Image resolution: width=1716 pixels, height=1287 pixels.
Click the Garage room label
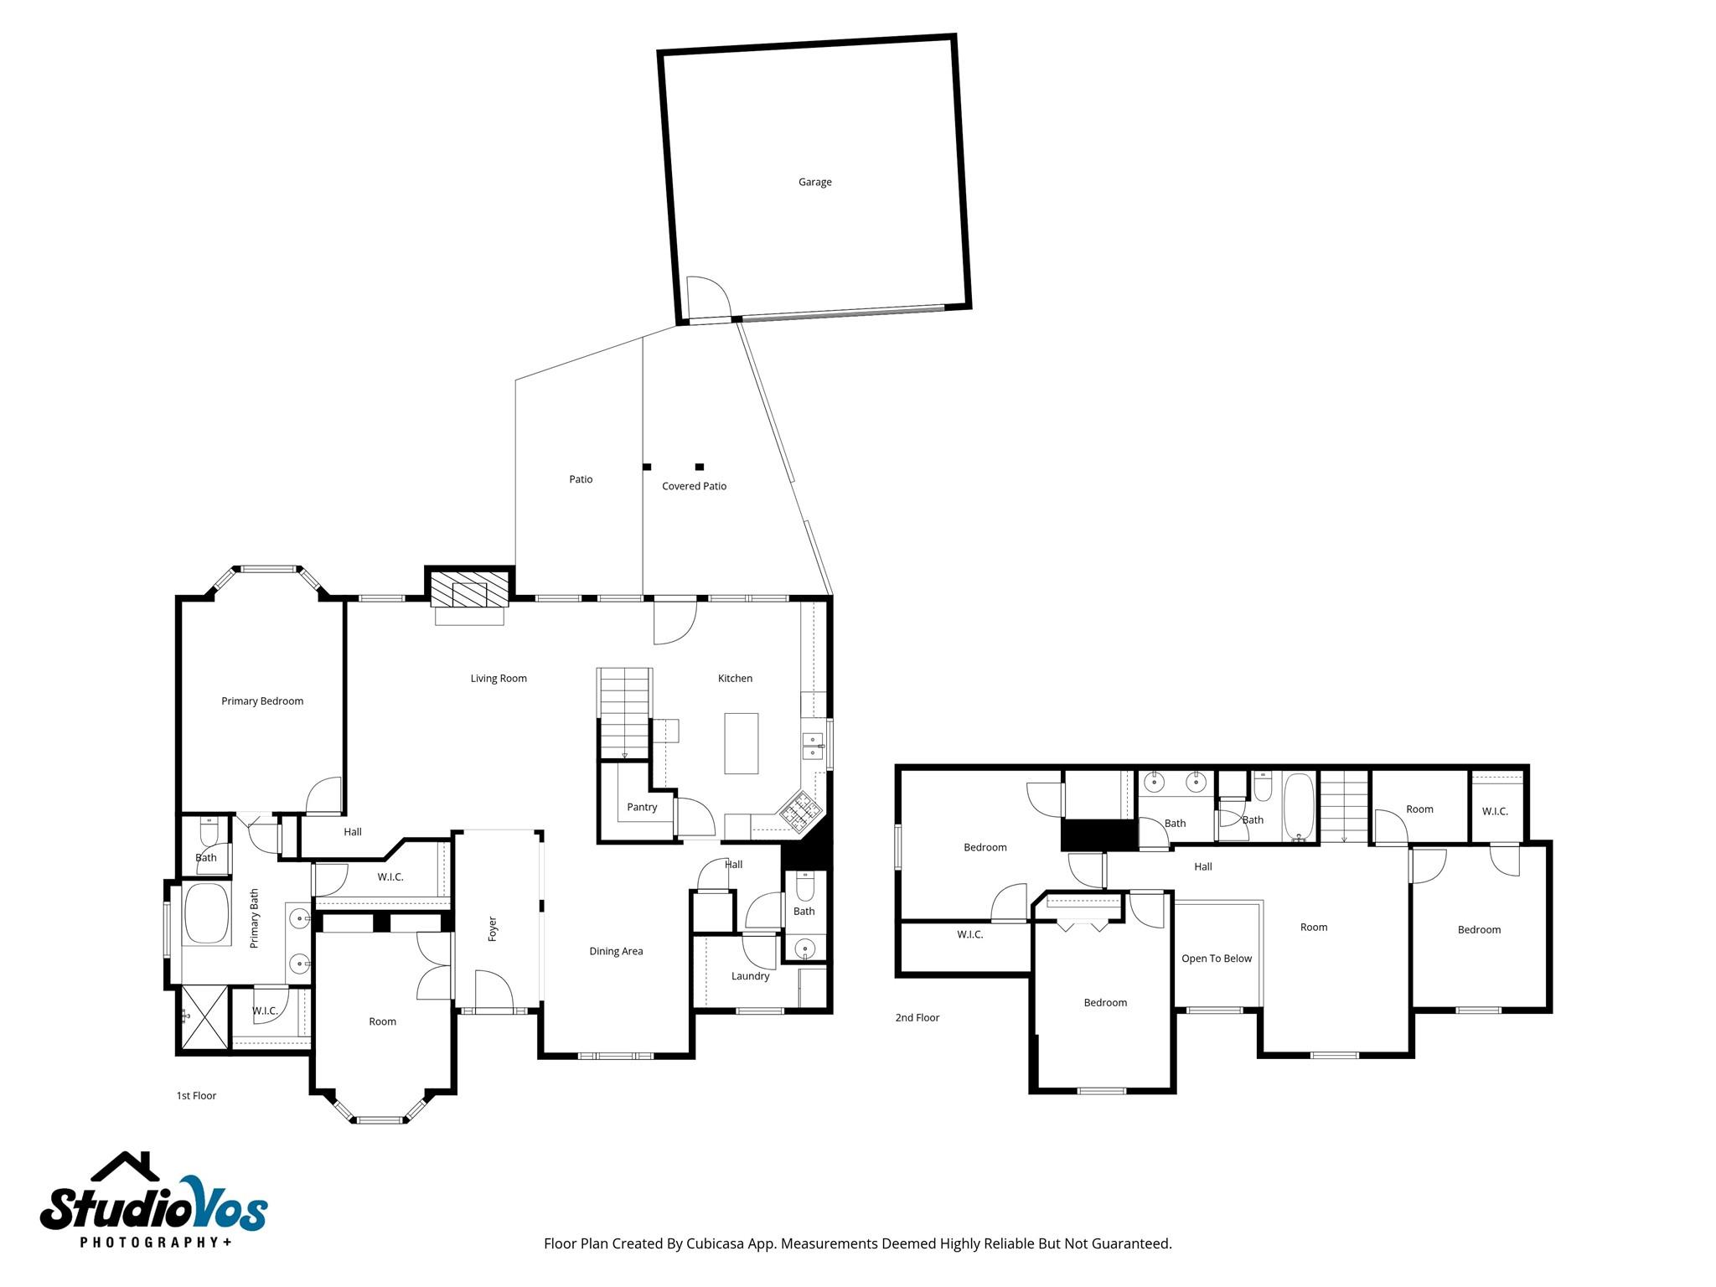point(814,182)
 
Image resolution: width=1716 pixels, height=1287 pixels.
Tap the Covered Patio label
point(694,486)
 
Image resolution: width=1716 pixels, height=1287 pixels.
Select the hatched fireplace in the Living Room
point(469,588)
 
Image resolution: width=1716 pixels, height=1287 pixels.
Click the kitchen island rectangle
point(742,743)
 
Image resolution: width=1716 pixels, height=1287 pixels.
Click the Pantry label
point(642,807)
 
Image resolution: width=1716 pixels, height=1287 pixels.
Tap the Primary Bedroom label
point(262,701)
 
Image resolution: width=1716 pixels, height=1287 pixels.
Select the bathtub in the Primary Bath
point(206,914)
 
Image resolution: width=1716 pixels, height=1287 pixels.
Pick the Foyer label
point(493,928)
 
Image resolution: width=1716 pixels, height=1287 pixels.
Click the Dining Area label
point(616,951)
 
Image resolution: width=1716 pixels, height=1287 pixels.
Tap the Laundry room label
point(750,976)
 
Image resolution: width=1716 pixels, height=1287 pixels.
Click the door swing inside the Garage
point(707,297)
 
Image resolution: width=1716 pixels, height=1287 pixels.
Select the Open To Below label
point(1217,959)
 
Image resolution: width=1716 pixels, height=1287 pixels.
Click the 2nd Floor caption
point(917,1017)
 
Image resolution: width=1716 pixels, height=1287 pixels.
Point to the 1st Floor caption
point(196,1095)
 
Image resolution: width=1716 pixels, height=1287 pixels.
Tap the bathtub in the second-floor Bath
point(1299,807)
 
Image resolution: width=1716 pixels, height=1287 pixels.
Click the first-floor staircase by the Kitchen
point(624,712)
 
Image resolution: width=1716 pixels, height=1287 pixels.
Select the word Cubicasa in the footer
point(716,1243)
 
